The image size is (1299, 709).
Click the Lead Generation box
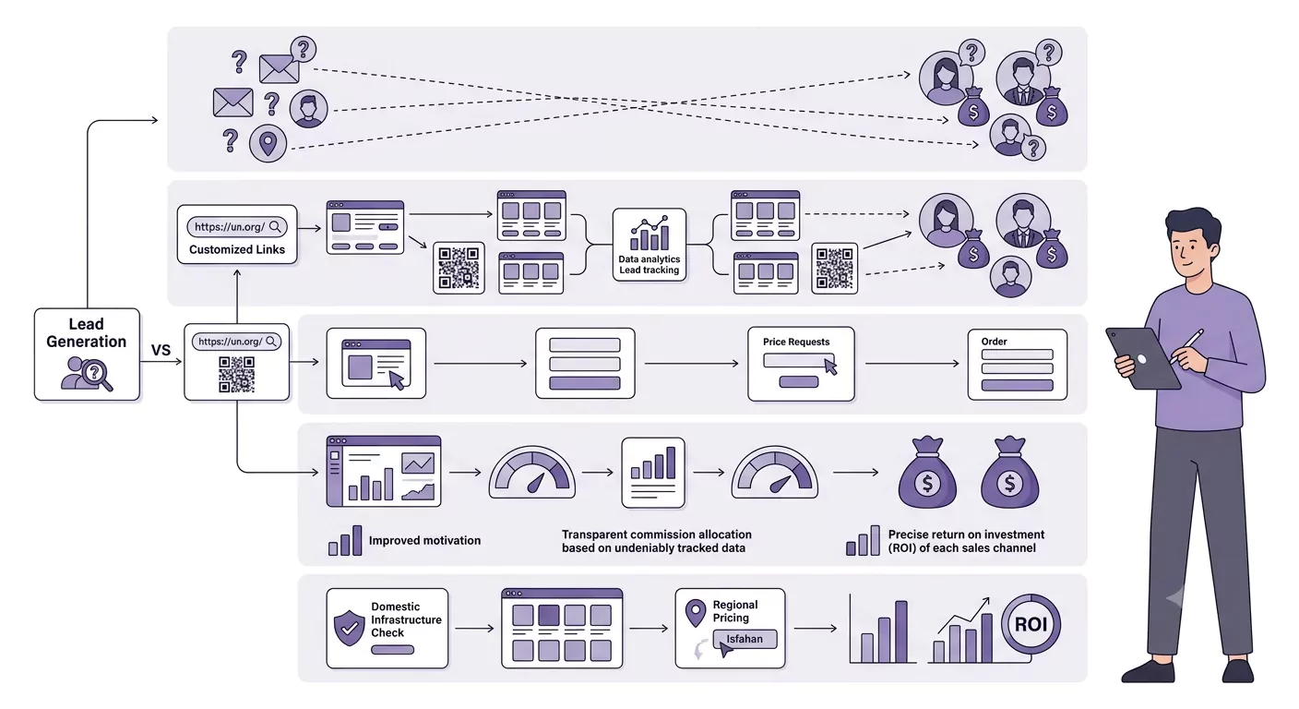[87, 354]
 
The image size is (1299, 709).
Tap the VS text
[161, 350]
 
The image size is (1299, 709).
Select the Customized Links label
[237, 249]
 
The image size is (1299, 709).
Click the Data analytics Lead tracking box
[649, 245]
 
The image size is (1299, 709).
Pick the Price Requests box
[801, 364]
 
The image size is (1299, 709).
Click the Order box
[1018, 365]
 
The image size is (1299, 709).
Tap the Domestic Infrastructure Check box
[387, 629]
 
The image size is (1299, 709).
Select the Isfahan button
[745, 639]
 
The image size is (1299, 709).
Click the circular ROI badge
[1031, 624]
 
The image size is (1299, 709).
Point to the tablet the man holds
[1141, 358]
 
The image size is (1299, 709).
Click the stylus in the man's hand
[1186, 346]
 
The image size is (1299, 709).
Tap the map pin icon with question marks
[268, 143]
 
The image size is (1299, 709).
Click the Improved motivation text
[424, 541]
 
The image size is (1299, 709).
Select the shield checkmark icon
[349, 628]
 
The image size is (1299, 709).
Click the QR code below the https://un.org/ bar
[236, 374]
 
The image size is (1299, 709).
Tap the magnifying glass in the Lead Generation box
[97, 374]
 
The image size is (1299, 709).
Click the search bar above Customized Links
[236, 227]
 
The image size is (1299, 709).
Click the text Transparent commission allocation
[657, 535]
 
